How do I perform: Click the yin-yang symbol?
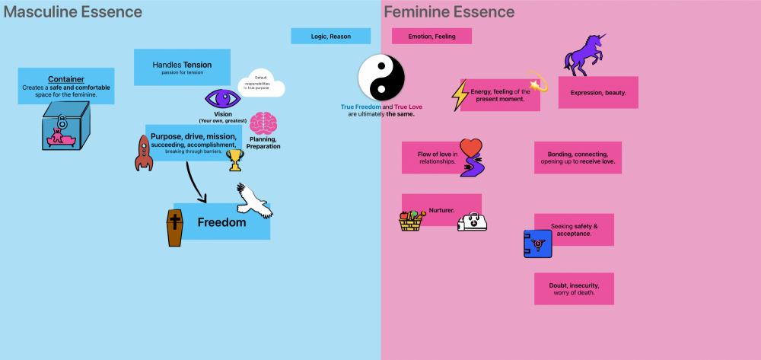pos(381,78)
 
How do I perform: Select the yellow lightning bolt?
pos(460,95)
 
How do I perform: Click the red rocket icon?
pos(144,152)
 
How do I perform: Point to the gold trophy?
pos(235,160)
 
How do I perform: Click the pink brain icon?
pos(263,123)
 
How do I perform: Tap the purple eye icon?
pos(222,99)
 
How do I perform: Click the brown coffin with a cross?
pos(175,228)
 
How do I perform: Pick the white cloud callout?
pos(262,84)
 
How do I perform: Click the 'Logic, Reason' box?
pos(330,36)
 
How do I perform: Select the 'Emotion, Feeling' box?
pos(431,36)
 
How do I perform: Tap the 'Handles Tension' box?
pos(182,67)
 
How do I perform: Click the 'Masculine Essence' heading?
pos(72,12)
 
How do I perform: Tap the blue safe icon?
pos(538,244)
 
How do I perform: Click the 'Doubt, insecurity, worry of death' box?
pos(574,288)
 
